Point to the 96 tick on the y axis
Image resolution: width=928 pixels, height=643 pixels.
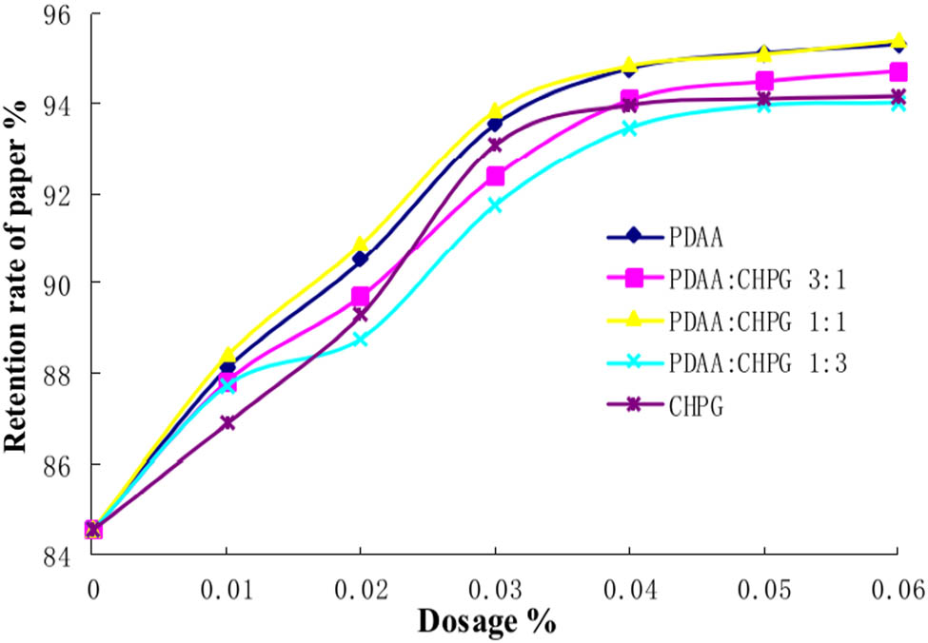[55, 15]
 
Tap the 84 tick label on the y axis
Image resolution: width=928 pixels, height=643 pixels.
[55, 555]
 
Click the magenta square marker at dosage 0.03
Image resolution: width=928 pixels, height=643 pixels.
[495, 176]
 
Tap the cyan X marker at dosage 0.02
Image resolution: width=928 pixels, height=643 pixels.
[361, 339]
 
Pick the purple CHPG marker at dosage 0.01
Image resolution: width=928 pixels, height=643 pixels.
[227, 422]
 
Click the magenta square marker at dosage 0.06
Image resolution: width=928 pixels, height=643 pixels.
[897, 71]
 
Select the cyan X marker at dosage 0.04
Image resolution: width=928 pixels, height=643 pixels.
[629, 127]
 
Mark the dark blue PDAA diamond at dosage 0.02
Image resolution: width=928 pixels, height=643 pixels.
[361, 258]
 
